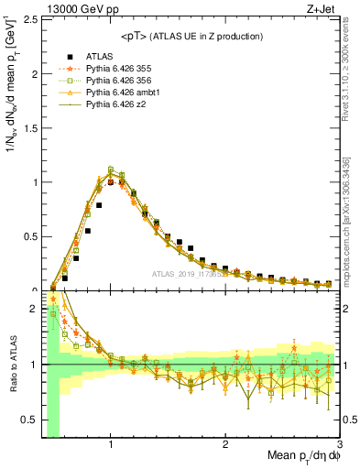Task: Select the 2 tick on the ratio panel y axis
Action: coord(33,309)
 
